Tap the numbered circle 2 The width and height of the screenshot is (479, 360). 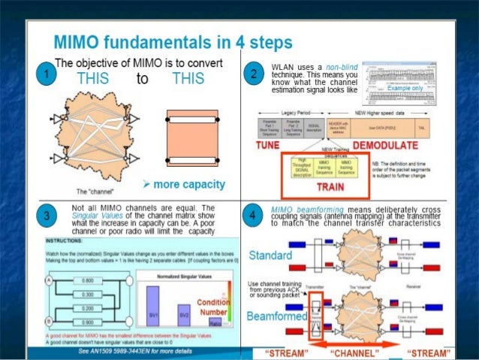(x=256, y=74)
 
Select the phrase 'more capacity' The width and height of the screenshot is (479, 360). (x=181, y=185)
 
